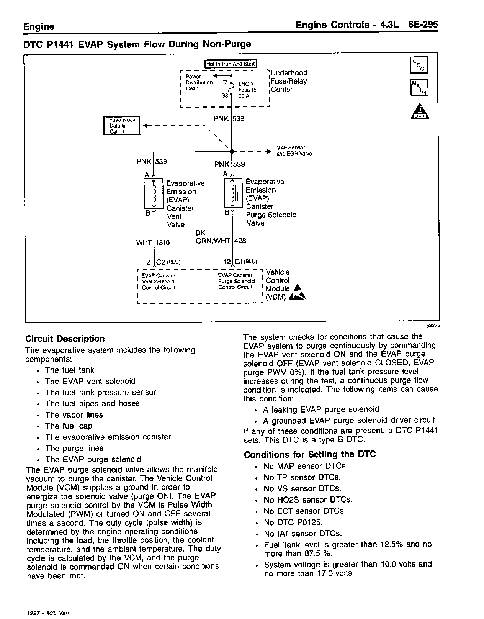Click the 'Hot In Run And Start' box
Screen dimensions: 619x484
(x=231, y=64)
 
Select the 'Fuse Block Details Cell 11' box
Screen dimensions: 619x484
(x=122, y=126)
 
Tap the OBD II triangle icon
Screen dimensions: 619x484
(x=419, y=111)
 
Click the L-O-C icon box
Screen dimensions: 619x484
(x=419, y=65)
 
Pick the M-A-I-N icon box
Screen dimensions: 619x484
(x=419, y=88)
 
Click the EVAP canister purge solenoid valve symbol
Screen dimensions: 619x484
(x=233, y=193)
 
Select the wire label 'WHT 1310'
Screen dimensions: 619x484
(x=153, y=242)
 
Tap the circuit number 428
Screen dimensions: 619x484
(x=240, y=241)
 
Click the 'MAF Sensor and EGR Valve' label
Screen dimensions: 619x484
(x=294, y=151)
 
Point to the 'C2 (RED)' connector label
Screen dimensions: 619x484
(x=168, y=262)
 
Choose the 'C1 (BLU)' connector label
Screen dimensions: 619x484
(x=245, y=261)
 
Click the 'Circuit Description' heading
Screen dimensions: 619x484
(x=65, y=339)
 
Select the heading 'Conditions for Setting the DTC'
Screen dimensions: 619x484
(x=310, y=454)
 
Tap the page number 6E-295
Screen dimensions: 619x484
(x=423, y=25)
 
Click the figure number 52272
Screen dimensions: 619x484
(x=433, y=325)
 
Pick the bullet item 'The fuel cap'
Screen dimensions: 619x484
(x=69, y=426)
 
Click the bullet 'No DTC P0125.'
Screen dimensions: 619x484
(x=293, y=522)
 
